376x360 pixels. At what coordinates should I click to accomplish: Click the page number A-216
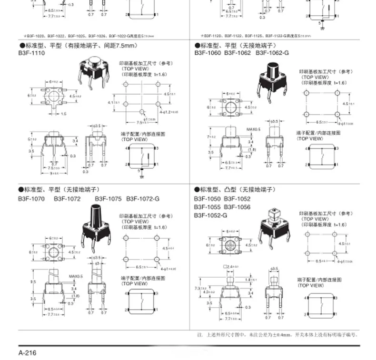27,353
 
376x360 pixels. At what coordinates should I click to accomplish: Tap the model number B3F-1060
207,53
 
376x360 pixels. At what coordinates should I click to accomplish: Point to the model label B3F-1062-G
272,53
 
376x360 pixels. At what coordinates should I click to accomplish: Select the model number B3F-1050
207,198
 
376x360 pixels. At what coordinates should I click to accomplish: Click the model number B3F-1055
207,207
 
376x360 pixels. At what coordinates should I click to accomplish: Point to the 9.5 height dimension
33,282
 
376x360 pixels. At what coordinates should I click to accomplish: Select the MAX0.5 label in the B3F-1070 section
76,276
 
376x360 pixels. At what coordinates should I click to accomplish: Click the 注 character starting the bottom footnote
199,335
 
